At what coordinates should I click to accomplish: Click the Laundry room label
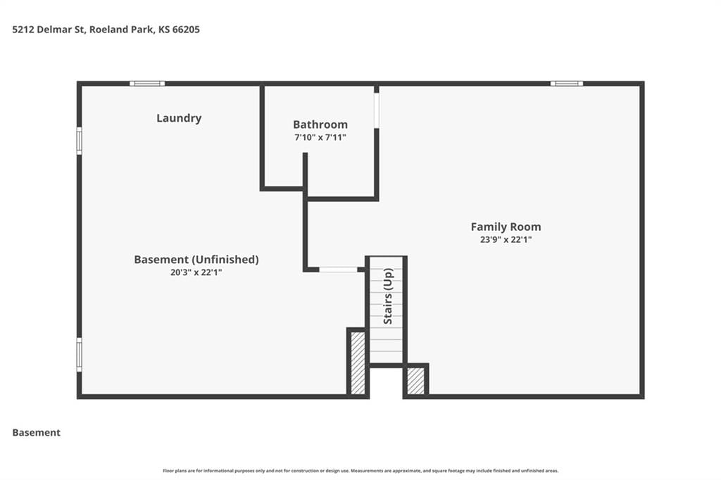point(179,118)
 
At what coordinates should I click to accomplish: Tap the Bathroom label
point(320,124)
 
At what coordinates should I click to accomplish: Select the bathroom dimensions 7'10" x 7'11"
point(320,137)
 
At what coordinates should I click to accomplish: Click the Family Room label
point(506,227)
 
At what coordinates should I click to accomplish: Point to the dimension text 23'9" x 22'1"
point(506,239)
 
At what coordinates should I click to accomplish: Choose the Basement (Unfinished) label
point(196,260)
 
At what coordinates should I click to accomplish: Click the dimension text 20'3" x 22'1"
point(196,272)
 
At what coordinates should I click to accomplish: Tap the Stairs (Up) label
point(388,296)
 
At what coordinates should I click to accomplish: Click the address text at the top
point(106,30)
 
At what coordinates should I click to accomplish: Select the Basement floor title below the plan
point(37,433)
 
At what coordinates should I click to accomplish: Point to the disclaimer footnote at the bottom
point(360,471)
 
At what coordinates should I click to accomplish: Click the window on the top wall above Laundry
point(147,84)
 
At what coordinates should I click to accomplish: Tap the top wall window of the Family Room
point(567,84)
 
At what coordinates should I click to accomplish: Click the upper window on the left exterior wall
point(79,141)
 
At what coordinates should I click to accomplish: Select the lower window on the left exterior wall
point(79,355)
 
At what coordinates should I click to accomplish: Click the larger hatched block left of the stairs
point(358,362)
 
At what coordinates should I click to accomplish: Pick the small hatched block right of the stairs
point(415,381)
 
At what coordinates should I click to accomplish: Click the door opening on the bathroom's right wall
point(376,110)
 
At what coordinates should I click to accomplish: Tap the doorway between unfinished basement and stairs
point(339,270)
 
